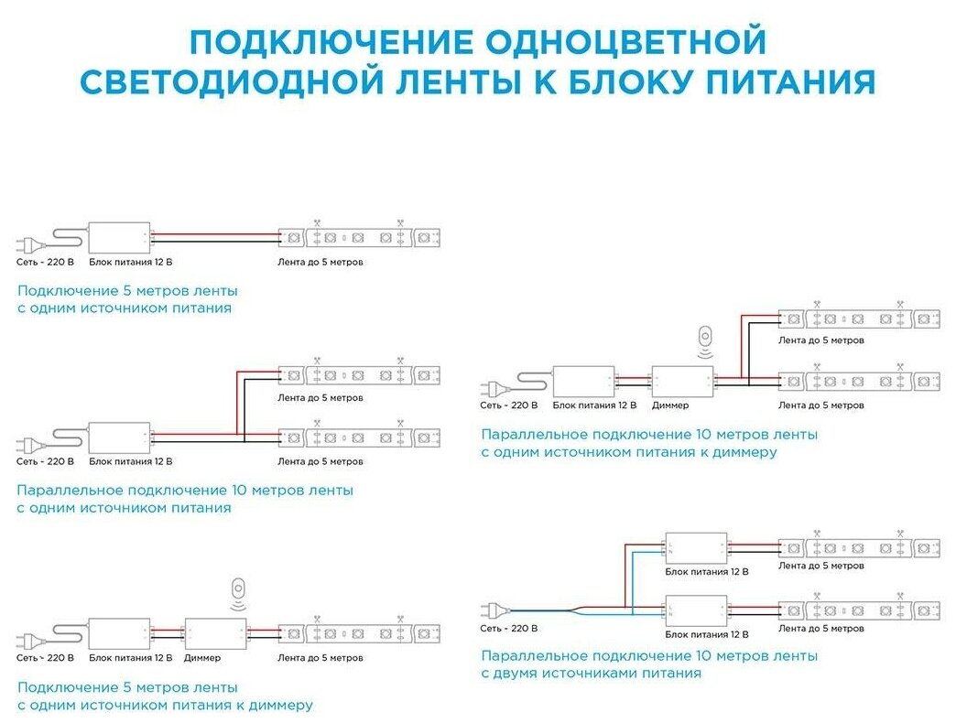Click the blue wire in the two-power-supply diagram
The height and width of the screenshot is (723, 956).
[549, 610]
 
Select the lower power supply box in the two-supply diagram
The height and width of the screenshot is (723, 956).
[696, 610]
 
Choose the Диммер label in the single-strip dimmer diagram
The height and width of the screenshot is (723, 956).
[202, 657]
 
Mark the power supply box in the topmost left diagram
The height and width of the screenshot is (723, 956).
[119, 238]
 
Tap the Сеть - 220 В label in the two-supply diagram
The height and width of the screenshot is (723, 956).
[508, 628]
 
